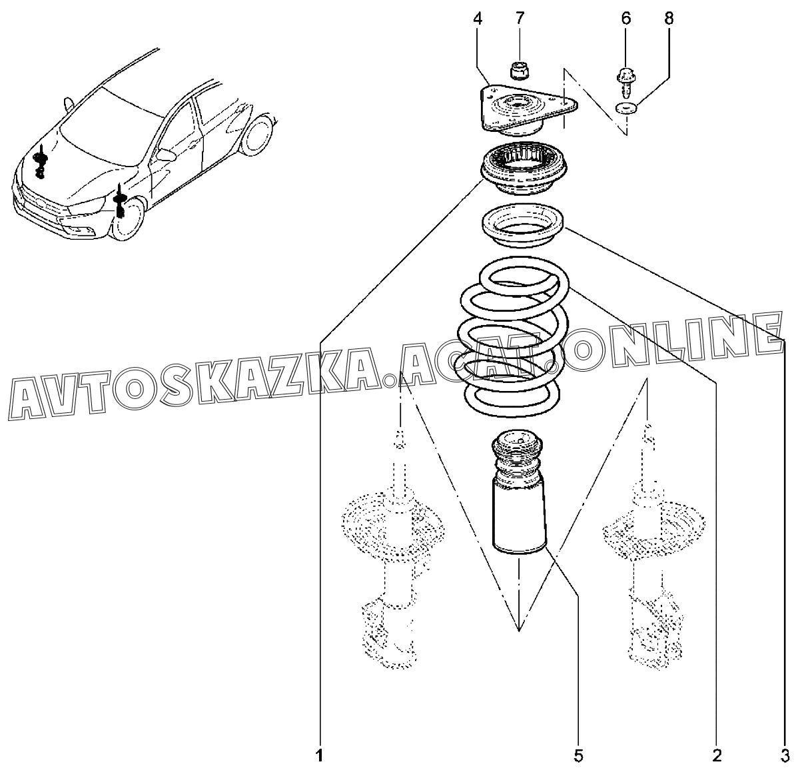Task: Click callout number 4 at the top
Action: point(478,19)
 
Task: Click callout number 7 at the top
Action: point(520,19)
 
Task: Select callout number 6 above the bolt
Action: point(625,19)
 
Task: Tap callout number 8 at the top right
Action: point(669,19)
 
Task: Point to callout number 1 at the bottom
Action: point(319,756)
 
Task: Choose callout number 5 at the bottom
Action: point(578,756)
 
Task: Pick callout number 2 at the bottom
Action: point(717,756)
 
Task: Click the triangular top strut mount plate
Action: point(529,111)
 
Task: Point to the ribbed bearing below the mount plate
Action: point(524,171)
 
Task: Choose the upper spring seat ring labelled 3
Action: point(523,226)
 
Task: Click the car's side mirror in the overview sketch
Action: point(167,155)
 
